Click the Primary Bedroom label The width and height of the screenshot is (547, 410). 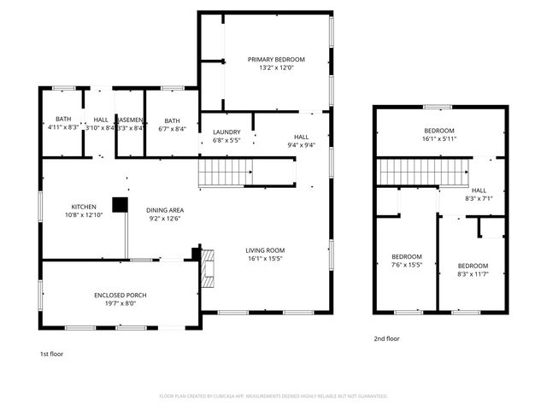pyautogui.click(x=276, y=64)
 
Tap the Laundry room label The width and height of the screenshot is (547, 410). pyautogui.click(x=226, y=135)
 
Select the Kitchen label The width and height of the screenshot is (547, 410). pyautogui.click(x=83, y=210)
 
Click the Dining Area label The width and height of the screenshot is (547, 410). pyautogui.click(x=165, y=214)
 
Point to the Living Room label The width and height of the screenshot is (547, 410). pyautogui.click(x=265, y=253)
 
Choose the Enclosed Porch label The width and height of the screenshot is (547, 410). pyautogui.click(x=120, y=298)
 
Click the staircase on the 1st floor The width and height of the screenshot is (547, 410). pyautogui.click(x=227, y=173)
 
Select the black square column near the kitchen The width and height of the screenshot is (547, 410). pyautogui.click(x=120, y=205)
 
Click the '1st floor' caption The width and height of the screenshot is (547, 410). pyautogui.click(x=51, y=354)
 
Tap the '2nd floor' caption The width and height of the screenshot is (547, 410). pyautogui.click(x=386, y=338)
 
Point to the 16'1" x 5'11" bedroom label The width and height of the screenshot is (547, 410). pyautogui.click(x=439, y=134)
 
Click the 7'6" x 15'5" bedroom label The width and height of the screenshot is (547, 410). pyautogui.click(x=407, y=261)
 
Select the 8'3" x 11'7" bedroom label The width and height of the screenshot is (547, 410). pyautogui.click(x=472, y=269)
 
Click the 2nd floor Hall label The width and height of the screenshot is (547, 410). pyautogui.click(x=479, y=194)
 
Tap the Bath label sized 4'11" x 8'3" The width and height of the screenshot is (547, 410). pyautogui.click(x=63, y=123)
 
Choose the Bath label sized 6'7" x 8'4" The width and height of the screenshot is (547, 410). pyautogui.click(x=173, y=125)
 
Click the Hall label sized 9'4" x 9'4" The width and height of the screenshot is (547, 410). pyautogui.click(x=302, y=141)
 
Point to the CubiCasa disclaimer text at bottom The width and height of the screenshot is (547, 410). pyautogui.click(x=273, y=396)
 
